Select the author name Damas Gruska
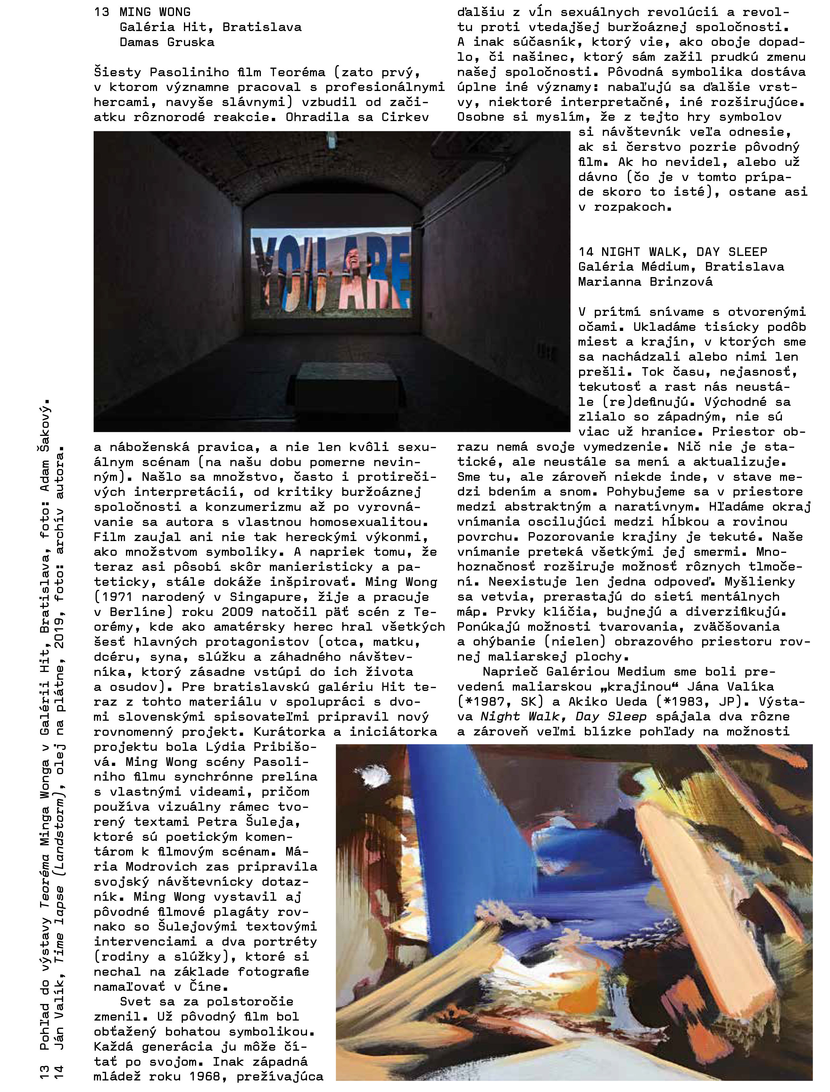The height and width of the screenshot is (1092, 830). pos(167,42)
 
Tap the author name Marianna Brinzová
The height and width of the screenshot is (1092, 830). pos(645,282)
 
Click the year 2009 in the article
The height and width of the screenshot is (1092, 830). pos(237,612)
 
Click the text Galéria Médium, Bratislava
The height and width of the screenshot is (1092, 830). pos(681,267)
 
